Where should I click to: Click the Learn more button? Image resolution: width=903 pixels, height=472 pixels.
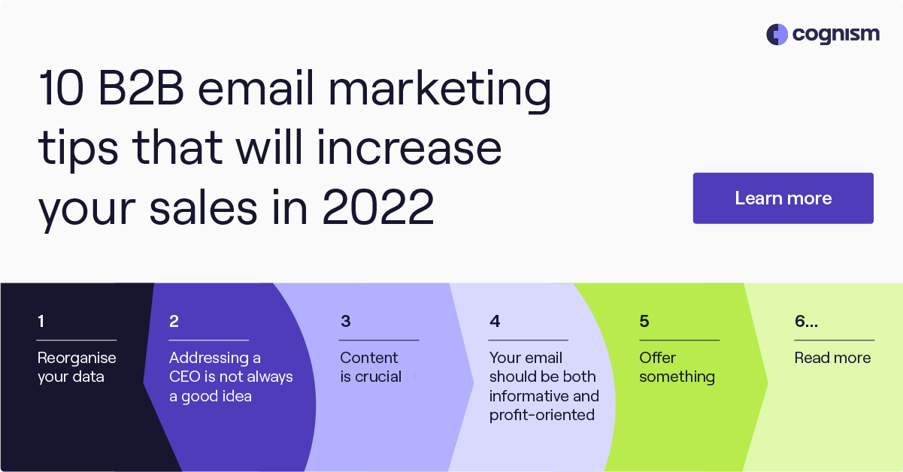(783, 198)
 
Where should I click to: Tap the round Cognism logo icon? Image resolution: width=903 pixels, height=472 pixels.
(777, 35)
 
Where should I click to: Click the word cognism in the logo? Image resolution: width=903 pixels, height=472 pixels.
(835, 35)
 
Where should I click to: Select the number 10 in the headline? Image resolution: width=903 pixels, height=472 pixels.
(61, 88)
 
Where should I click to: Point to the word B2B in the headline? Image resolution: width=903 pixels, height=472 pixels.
(141, 88)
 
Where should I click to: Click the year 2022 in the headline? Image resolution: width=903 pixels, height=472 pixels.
(378, 207)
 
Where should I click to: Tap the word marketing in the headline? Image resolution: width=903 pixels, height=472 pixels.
(440, 91)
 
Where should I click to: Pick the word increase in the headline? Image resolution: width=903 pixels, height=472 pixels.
(410, 148)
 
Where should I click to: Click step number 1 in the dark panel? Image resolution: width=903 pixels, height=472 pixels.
(41, 321)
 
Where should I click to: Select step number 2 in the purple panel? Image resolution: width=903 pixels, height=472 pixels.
(174, 321)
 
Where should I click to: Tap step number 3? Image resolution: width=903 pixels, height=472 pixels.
(345, 321)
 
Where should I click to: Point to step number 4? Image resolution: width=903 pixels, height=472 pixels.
(495, 321)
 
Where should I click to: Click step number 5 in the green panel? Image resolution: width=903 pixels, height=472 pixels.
(644, 321)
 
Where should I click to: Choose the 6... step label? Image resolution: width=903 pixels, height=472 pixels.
(806, 321)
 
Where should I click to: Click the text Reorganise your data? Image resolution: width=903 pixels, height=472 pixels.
(77, 368)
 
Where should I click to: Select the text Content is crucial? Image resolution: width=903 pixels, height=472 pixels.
(371, 368)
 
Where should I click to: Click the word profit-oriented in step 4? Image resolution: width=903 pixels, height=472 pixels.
(542, 415)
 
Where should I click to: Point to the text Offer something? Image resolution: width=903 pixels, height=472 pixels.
(677, 368)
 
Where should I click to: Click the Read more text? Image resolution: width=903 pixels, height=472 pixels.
(832, 358)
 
